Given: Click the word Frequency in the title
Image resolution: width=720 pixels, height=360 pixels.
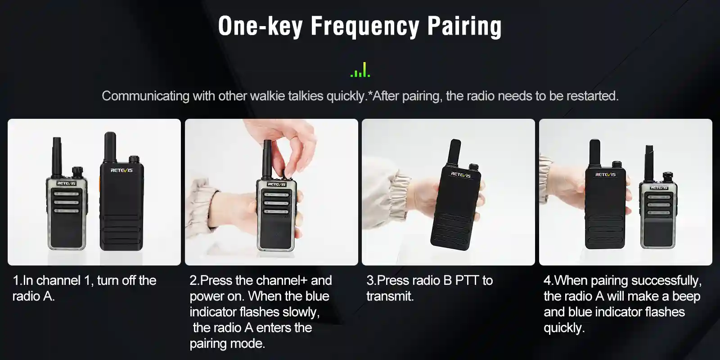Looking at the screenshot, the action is click(365, 27).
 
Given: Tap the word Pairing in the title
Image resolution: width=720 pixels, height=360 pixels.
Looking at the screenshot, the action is click(464, 27).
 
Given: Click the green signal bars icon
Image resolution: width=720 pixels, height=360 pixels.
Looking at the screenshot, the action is click(360, 70).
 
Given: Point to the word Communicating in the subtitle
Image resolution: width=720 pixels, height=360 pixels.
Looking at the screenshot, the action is click(146, 96).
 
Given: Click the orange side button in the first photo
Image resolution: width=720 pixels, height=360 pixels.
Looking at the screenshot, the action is click(100, 186).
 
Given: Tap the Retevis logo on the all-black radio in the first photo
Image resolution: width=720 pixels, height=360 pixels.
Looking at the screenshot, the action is click(121, 170).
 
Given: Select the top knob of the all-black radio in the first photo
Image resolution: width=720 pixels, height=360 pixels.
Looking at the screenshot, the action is click(134, 159).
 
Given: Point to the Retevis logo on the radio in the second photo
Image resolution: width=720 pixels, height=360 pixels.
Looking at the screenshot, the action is click(276, 184).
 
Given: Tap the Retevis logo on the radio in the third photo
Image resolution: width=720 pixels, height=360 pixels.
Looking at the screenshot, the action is click(461, 175).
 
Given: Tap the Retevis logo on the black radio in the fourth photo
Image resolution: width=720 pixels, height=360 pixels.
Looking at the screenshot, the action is click(605, 175).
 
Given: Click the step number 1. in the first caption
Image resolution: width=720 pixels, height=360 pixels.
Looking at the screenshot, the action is click(18, 281).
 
